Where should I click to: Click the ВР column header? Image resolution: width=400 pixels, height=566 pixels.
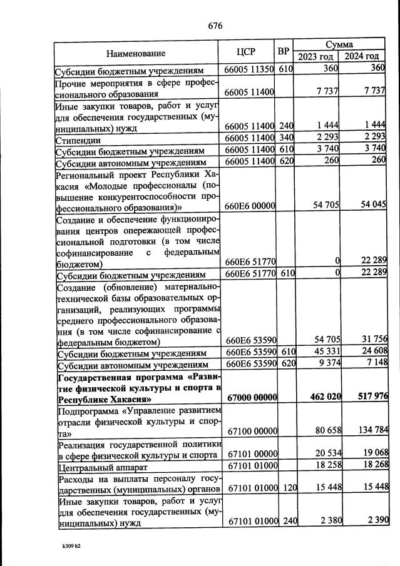[x=284, y=51]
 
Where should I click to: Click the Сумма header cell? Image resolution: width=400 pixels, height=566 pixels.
[x=339, y=45]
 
